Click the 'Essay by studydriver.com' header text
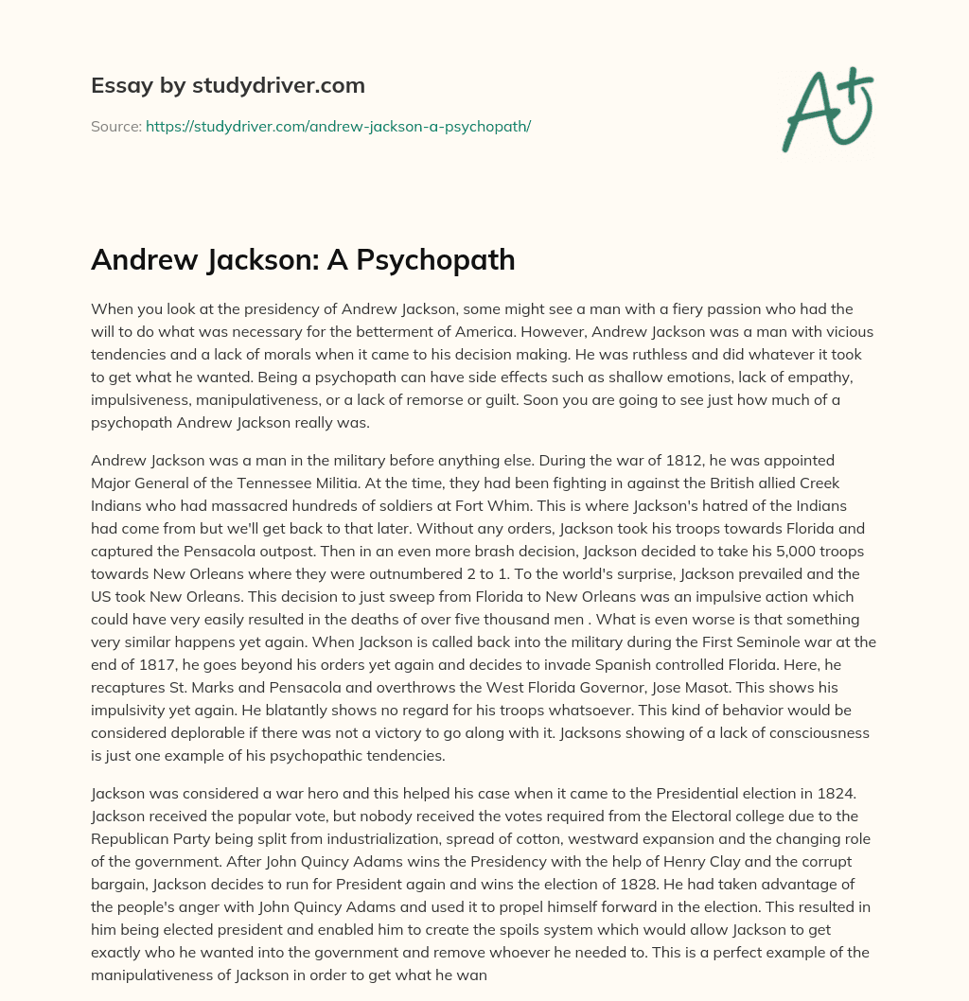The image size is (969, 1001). [228, 85]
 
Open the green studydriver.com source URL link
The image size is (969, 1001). [338, 126]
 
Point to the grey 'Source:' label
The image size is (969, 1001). [115, 126]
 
